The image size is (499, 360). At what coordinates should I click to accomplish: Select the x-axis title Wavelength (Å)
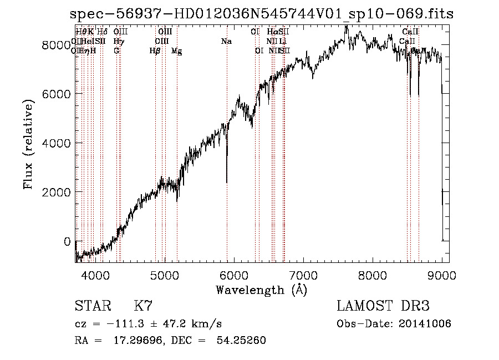pos(261,290)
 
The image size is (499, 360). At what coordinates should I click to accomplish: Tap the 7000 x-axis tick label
pos(303,275)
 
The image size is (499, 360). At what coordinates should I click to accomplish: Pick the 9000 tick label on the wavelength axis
pos(442,275)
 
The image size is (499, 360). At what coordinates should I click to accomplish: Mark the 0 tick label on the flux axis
pos(67,241)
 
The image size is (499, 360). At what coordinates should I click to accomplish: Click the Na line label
pos(226,42)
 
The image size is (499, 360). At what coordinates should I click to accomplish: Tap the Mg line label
pos(176,51)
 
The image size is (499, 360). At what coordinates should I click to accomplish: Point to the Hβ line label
pos(155,51)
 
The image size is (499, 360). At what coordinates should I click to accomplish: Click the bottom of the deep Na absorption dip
pos(226,182)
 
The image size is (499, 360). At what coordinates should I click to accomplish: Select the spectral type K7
pos(143,306)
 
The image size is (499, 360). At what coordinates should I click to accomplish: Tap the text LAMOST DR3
pos(383,306)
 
